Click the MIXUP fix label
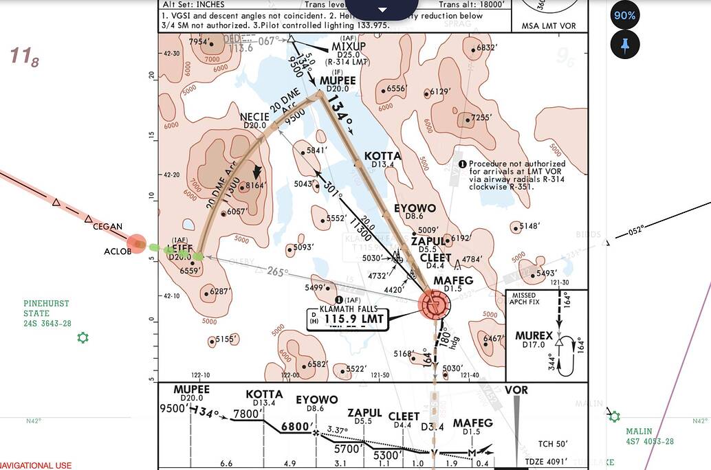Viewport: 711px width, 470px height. point(349,46)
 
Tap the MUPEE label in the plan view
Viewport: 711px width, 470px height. point(338,80)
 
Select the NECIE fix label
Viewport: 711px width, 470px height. point(254,117)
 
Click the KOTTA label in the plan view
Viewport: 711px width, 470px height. point(382,156)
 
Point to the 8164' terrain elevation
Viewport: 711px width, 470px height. point(255,186)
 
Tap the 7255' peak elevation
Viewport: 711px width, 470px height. point(481,117)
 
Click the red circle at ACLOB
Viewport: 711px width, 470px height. point(137,243)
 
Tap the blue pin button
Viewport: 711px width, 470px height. point(625,45)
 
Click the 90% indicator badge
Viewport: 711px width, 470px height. point(625,15)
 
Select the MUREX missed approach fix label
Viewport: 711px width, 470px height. point(534,336)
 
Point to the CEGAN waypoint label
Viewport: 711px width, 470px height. point(108,227)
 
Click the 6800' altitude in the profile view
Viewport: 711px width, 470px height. point(296,427)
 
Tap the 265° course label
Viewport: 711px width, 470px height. point(277,272)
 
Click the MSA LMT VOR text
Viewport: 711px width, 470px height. point(548,26)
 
